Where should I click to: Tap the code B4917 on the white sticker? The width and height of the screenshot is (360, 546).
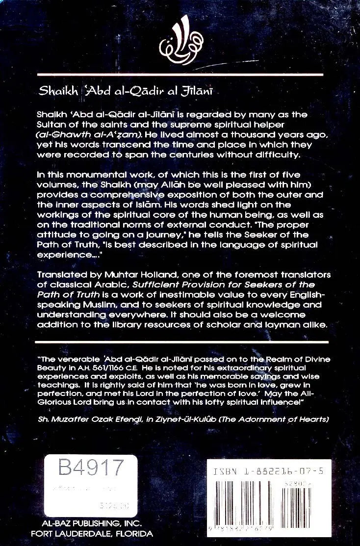point(90,468)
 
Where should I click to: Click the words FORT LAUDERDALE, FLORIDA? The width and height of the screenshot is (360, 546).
point(92,533)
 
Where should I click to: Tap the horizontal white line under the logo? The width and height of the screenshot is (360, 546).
point(180,74)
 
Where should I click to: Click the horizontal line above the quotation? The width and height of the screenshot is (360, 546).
point(180,339)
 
